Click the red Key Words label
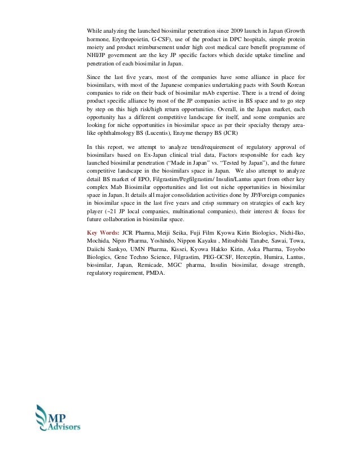(103, 232)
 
